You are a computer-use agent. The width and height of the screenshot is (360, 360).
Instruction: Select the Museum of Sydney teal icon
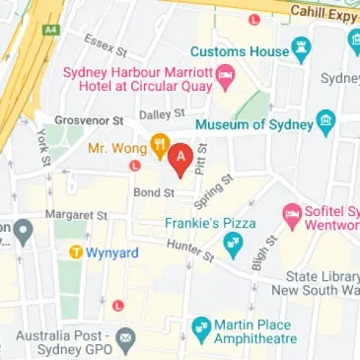[325, 123]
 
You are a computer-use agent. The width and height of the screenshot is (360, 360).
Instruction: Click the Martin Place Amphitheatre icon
[201, 325]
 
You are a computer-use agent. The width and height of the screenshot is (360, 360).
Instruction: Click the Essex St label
[107, 43]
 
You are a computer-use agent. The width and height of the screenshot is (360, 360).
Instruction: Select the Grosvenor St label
[88, 120]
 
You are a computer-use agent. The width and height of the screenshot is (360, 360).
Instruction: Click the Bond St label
[154, 192]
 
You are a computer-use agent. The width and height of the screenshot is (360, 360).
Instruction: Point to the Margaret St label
[75, 214]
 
